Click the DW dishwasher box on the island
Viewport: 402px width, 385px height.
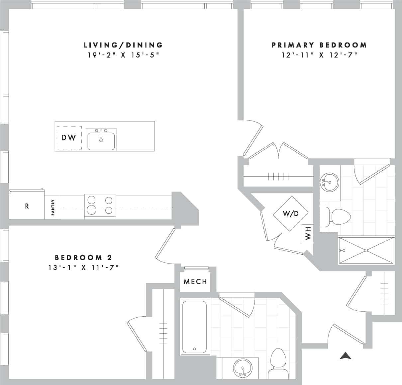(69, 138)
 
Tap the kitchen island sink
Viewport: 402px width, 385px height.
(101, 140)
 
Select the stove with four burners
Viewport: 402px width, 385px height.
(100, 206)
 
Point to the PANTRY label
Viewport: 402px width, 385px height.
(52, 207)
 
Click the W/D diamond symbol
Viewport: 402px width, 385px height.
(291, 213)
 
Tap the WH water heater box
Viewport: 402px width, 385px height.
(308, 234)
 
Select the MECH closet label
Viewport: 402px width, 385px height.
(195, 281)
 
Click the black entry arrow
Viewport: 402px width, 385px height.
(346, 356)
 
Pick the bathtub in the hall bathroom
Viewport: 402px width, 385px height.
(195, 327)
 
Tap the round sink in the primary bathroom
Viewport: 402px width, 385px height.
(329, 182)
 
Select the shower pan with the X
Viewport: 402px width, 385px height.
(366, 250)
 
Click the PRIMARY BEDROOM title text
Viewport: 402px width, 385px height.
(319, 45)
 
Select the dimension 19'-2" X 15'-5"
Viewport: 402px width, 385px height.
(123, 55)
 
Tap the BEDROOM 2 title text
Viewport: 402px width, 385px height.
(83, 257)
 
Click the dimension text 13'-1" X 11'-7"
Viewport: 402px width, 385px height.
(83, 267)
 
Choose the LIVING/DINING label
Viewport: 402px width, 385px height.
(123, 45)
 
